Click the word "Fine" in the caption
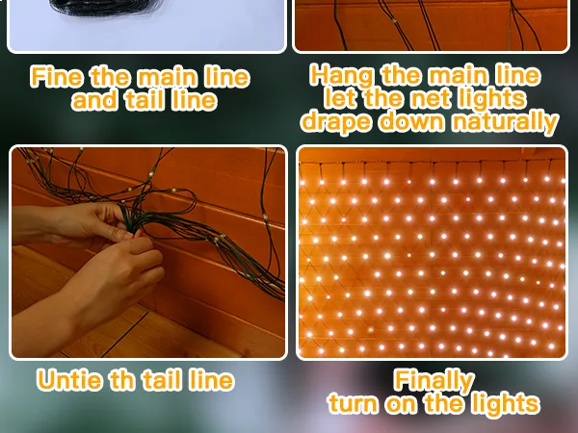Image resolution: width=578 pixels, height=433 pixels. click(x=57, y=77)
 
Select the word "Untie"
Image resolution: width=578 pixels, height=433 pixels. click(x=69, y=380)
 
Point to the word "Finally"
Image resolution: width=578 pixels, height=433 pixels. click(x=433, y=381)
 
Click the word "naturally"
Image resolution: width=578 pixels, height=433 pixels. click(x=505, y=121)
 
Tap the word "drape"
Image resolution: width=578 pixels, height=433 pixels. click(x=336, y=122)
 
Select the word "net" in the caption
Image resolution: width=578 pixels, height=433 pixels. click(x=430, y=99)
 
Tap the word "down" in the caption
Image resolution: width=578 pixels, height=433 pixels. click(x=411, y=121)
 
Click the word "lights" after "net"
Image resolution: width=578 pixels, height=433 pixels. click(x=491, y=100)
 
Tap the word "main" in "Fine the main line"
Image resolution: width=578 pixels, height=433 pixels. click(x=167, y=77)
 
